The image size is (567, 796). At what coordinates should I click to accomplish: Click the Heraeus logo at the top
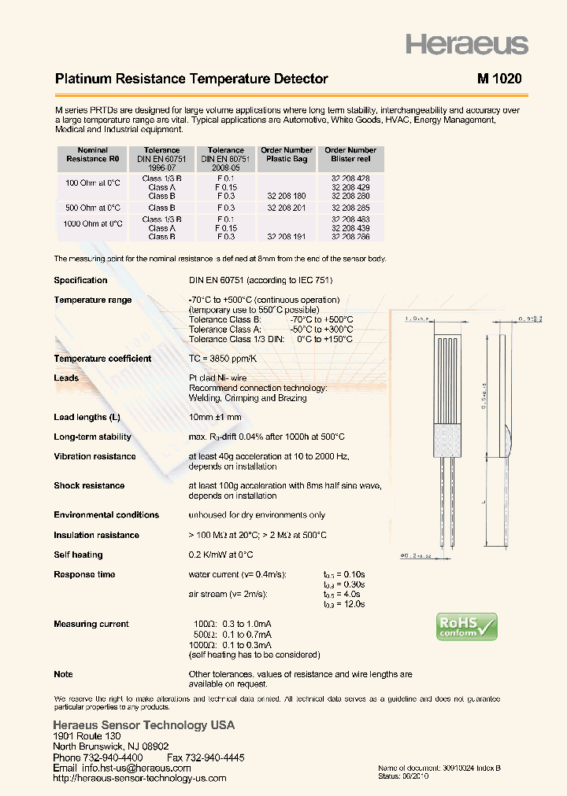tap(466, 44)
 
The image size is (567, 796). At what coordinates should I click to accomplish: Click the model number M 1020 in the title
tap(498, 79)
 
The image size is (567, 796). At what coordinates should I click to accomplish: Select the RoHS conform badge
tap(467, 627)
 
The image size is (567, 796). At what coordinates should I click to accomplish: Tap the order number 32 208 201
tap(287, 208)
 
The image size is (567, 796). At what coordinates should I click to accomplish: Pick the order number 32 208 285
tap(350, 208)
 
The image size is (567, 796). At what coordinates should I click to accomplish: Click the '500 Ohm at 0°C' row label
tap(92, 208)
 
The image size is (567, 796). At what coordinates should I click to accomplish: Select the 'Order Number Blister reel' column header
tap(350, 154)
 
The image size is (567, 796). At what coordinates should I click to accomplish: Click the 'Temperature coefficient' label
tap(102, 359)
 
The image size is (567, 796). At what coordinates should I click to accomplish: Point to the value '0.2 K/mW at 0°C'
tap(224, 555)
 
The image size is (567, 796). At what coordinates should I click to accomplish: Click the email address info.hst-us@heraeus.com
tap(135, 768)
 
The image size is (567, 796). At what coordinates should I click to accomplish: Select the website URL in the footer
tap(139, 778)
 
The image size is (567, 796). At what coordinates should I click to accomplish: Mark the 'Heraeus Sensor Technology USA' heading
tap(143, 725)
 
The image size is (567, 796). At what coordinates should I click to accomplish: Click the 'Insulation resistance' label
tap(96, 535)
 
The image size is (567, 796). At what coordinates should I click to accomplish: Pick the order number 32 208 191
tap(287, 236)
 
